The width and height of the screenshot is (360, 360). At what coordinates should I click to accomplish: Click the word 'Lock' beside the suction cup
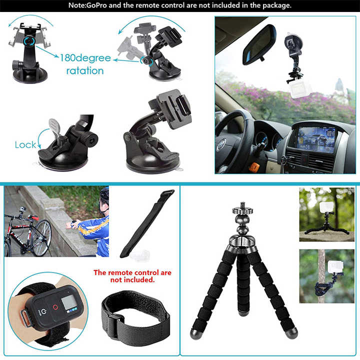tap(25, 145)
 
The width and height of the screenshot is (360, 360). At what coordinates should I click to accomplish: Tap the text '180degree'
tap(85, 58)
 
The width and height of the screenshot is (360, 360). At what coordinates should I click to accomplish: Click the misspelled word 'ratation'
tap(85, 70)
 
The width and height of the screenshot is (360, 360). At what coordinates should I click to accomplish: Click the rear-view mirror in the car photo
tap(259, 45)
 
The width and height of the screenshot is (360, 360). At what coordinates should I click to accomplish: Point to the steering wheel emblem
tap(221, 145)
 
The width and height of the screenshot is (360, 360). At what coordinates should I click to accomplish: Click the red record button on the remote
tap(55, 307)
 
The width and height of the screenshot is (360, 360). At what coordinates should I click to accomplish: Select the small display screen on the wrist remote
tap(69, 302)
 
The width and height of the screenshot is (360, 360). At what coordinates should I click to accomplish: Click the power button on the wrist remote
tap(43, 311)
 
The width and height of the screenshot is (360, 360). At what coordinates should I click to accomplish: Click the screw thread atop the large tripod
tap(242, 205)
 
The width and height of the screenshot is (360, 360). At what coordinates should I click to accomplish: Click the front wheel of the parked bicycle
tap(42, 237)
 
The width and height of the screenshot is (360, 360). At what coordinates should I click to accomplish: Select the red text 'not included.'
tap(132, 280)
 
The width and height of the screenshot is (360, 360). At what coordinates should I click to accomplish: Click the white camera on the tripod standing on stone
tap(326, 207)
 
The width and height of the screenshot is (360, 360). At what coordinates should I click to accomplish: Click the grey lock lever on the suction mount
tap(55, 127)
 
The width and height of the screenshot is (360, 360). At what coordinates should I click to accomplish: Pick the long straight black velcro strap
tap(147, 223)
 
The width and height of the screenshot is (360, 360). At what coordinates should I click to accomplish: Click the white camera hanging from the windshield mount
tap(299, 89)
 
